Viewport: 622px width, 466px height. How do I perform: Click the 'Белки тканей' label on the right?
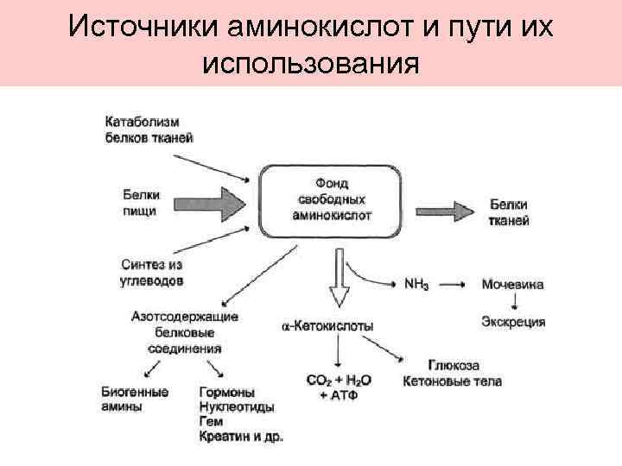point(509,212)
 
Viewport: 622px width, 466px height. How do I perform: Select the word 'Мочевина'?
point(511,283)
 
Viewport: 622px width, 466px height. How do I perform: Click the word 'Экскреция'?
point(512,322)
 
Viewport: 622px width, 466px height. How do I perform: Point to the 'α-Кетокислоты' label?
point(330,327)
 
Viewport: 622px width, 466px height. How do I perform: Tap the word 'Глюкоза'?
point(454,365)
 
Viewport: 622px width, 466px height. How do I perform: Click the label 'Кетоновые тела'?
point(452,381)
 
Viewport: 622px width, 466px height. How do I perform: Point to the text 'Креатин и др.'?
point(240,437)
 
